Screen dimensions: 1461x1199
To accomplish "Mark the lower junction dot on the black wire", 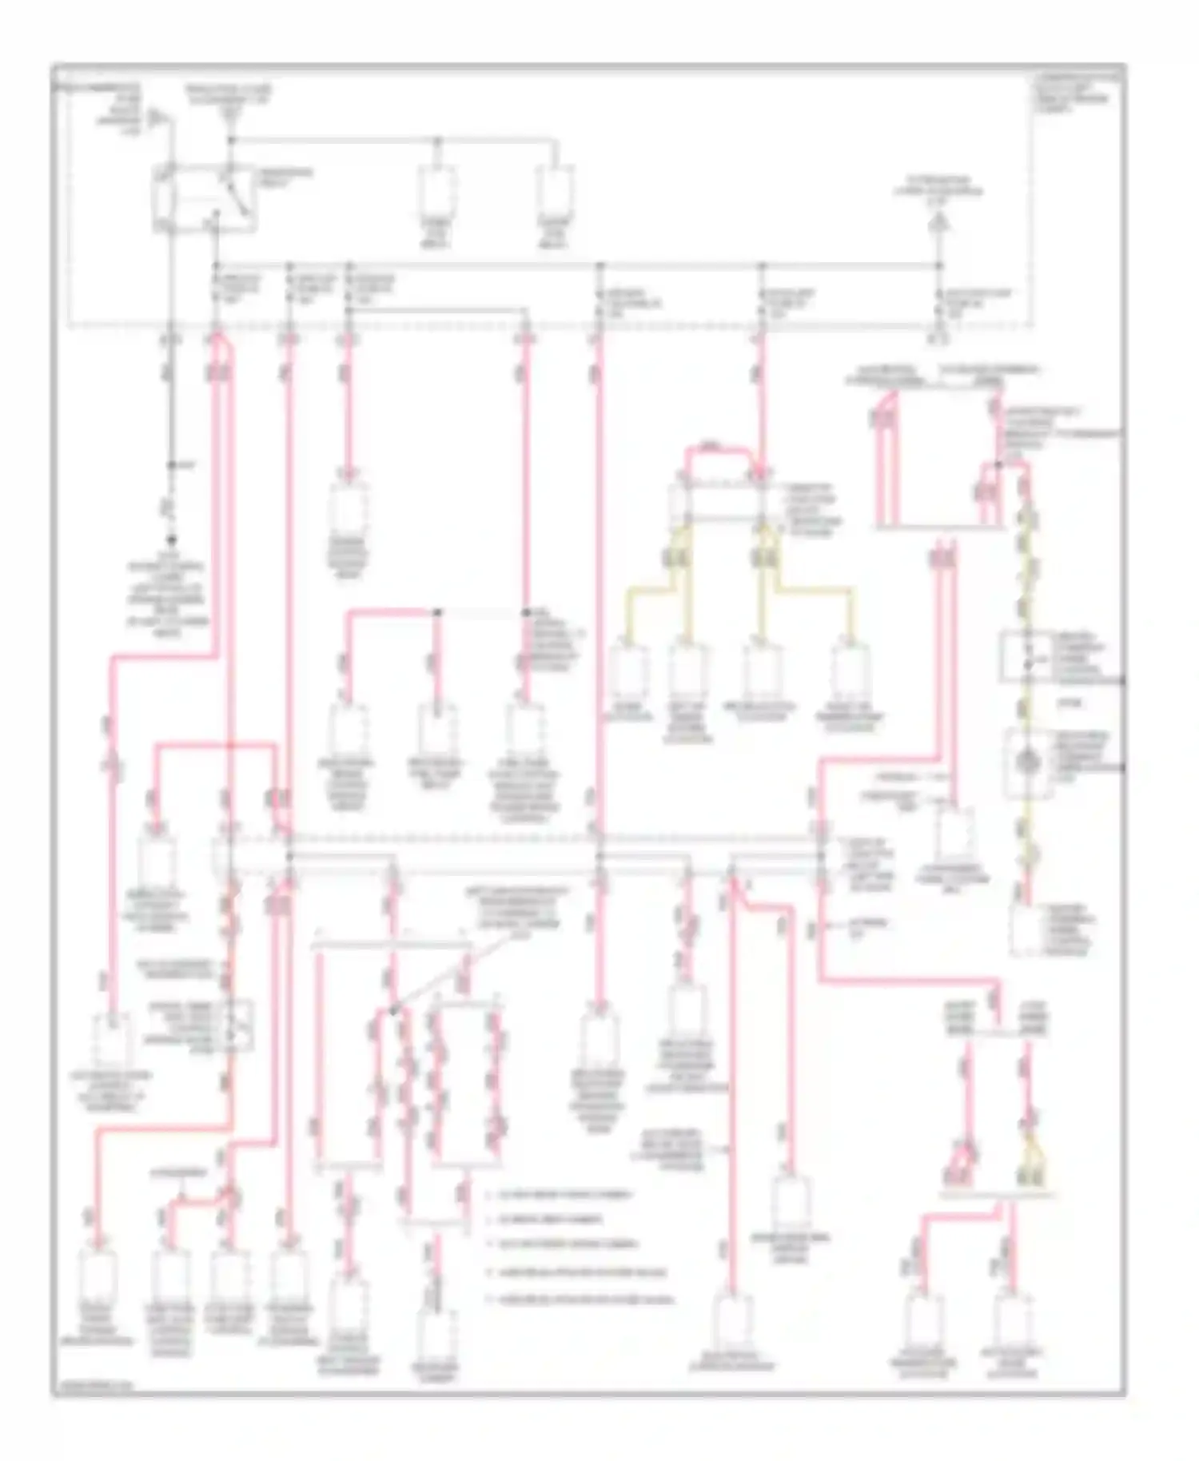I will [x=170, y=540].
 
